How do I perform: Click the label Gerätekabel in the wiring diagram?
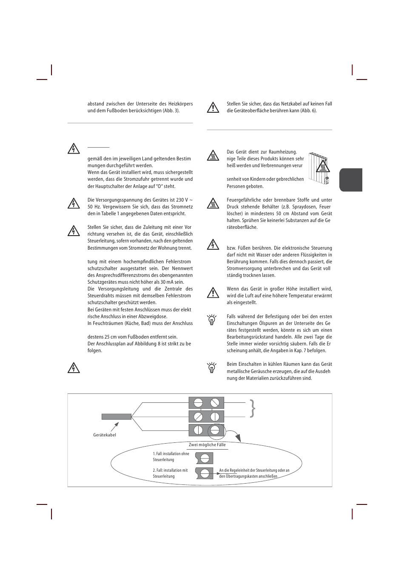(105, 435)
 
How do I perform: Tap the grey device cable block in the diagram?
(117, 416)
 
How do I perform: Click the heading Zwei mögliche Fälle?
(208, 444)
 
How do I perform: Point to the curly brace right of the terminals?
(253, 408)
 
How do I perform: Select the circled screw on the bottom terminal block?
(215, 430)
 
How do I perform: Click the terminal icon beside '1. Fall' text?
(205, 458)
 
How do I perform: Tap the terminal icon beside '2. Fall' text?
(205, 473)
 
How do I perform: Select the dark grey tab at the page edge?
(351, 179)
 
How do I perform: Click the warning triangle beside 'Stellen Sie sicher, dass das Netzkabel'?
(213, 108)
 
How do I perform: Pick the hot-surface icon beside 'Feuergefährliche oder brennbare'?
(213, 203)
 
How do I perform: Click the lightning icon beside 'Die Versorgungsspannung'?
(74, 203)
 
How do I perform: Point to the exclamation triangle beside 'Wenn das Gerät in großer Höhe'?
(213, 293)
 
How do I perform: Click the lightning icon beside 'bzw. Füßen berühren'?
(213, 245)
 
